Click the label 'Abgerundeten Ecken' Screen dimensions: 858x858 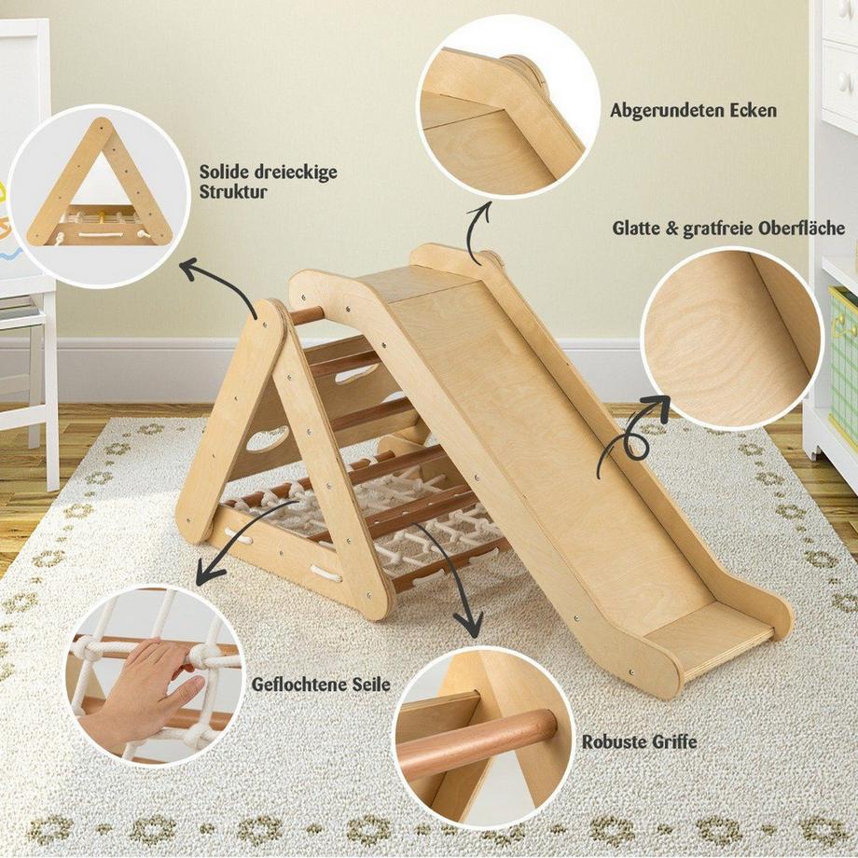tap(693, 111)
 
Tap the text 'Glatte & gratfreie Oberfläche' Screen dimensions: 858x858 tap(728, 228)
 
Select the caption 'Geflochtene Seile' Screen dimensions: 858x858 tap(321, 685)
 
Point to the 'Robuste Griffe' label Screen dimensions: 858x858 tap(639, 742)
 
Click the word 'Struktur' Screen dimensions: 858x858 tap(233, 192)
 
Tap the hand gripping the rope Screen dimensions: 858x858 tap(149, 685)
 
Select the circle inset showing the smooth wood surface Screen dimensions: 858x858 tap(732, 339)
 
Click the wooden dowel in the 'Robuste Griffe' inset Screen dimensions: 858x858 tap(476, 741)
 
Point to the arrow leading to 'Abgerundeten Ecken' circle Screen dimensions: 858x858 tap(479, 228)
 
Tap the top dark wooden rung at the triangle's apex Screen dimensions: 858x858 tap(305, 315)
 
